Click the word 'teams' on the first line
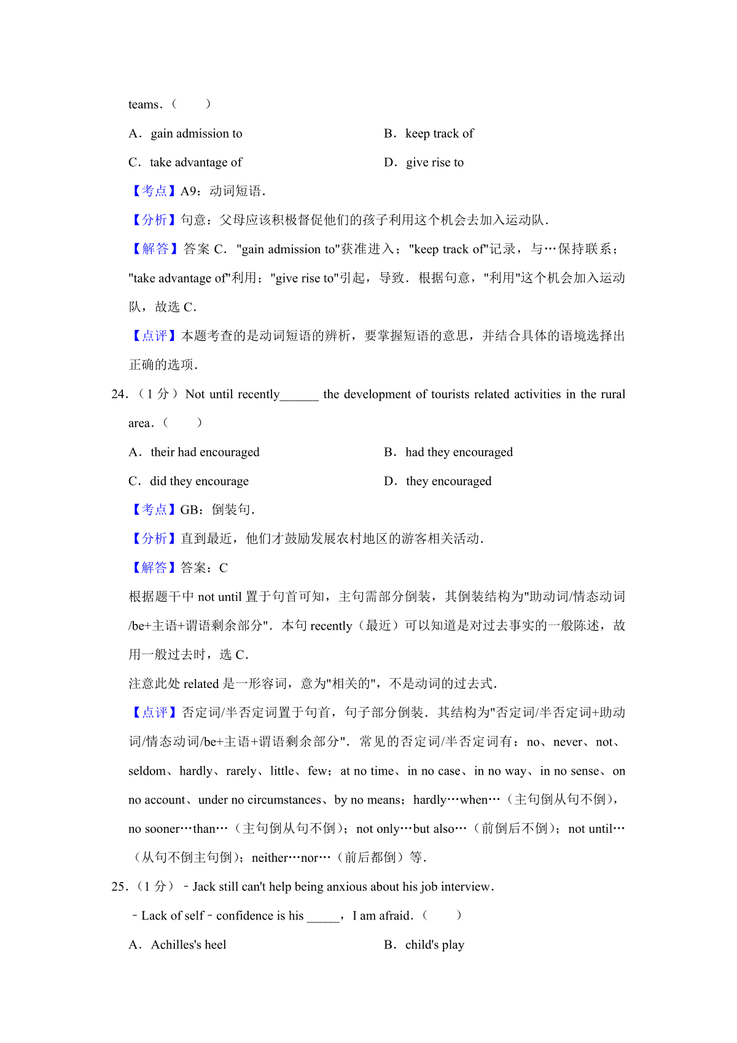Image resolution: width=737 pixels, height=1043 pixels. [143, 105]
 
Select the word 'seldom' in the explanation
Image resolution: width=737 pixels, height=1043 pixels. [147, 772]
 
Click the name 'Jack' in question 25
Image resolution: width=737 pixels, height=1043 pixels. [204, 887]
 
